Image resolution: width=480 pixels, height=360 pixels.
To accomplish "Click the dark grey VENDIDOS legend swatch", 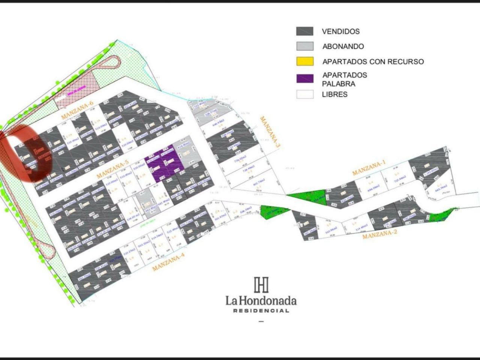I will click(x=304, y=31).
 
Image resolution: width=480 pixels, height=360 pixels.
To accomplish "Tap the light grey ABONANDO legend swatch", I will click(x=304, y=46).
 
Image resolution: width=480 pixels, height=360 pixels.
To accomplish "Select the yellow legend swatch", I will click(x=304, y=61).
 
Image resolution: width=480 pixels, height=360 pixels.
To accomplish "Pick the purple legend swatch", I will click(x=304, y=79).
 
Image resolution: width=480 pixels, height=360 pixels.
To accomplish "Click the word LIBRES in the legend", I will click(x=334, y=94).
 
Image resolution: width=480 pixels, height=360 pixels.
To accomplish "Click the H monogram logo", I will click(x=261, y=285).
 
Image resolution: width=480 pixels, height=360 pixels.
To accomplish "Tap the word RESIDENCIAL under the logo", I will click(x=261, y=310).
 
